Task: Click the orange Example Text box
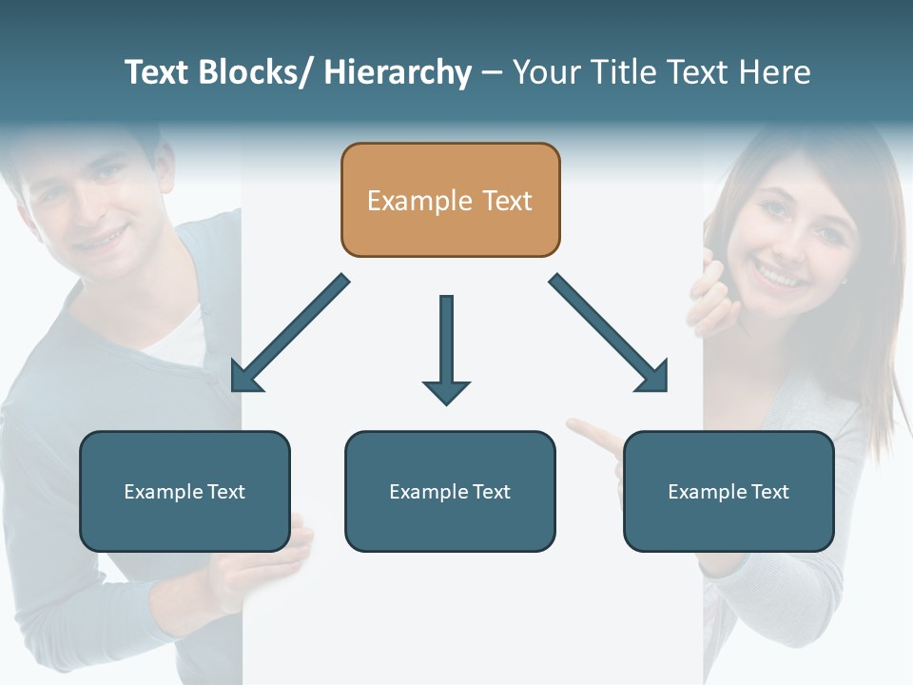pos(450,200)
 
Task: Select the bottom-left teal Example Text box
pos(185,491)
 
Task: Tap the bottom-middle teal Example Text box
pos(450,491)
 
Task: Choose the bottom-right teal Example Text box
pos(728,491)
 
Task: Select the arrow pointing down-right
pos(609,333)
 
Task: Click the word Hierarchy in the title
pos(398,72)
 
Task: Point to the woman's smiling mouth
pos(778,277)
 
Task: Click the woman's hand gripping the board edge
pos(708,295)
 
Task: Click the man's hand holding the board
pos(285,561)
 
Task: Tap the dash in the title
pos(492,73)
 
